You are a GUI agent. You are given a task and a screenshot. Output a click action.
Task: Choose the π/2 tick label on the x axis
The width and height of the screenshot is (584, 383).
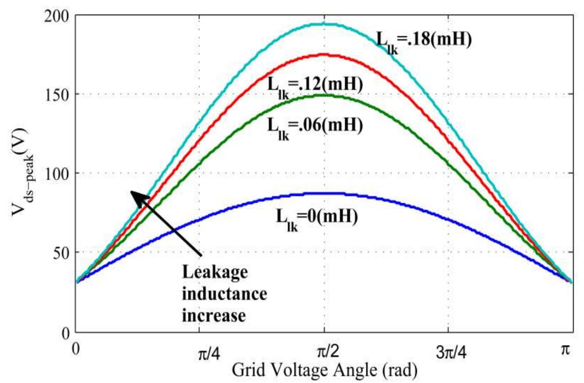[328, 352]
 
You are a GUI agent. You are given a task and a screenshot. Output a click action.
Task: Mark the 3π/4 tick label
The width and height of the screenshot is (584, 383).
[451, 353]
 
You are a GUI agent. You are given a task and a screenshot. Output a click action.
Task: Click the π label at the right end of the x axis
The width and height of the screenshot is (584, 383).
[565, 350]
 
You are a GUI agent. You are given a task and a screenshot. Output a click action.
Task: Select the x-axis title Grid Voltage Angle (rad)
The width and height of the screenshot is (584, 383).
[324, 370]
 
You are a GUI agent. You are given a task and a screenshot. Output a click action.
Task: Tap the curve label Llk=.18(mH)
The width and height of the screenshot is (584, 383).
[424, 41]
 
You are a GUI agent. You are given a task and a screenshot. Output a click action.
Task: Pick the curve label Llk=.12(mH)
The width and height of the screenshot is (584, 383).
[315, 86]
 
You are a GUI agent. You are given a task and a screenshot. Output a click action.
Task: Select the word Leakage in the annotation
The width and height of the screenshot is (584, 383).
[215, 273]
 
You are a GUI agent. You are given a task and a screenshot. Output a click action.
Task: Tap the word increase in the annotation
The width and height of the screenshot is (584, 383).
[213, 315]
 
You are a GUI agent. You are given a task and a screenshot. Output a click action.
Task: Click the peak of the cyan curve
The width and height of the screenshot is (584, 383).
[324, 24]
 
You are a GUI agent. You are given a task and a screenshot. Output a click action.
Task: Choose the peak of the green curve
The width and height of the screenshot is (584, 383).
[324, 95]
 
